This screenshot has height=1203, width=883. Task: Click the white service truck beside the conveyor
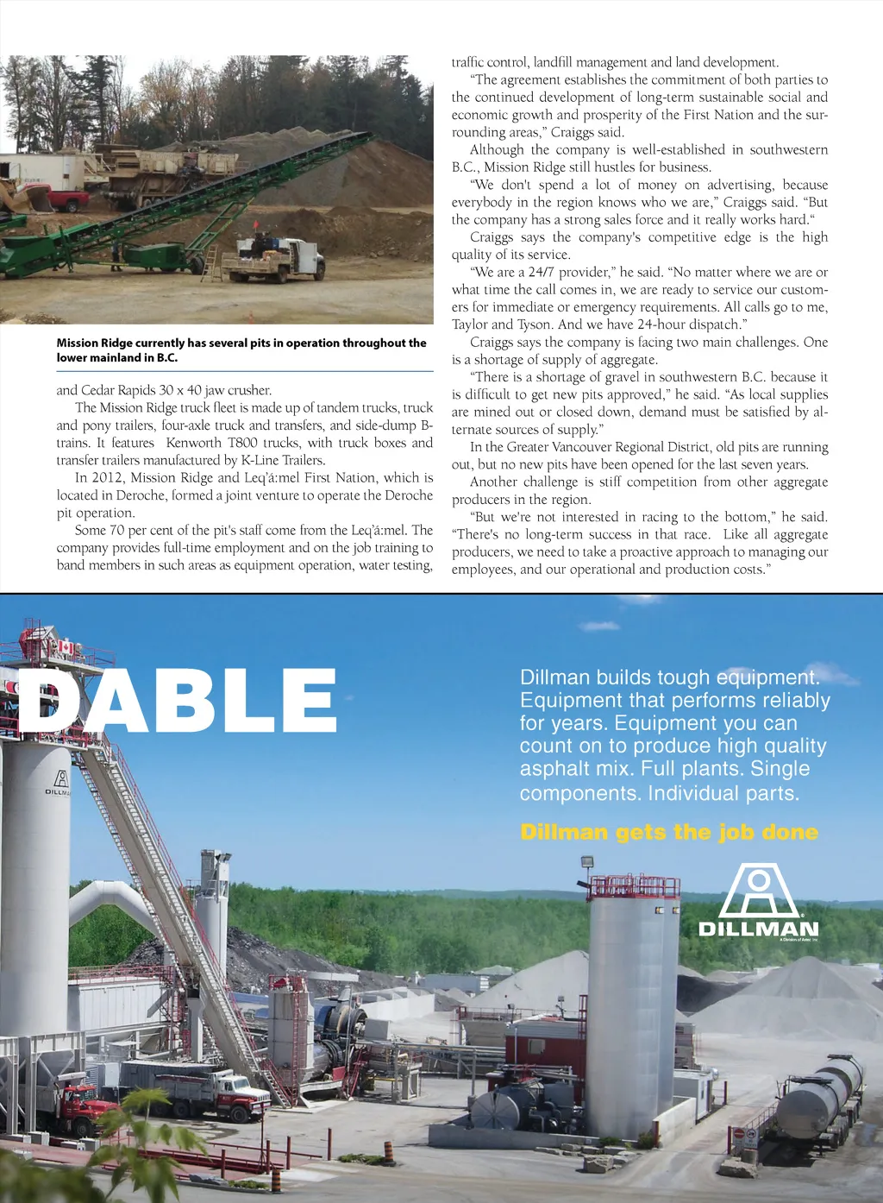[276, 258]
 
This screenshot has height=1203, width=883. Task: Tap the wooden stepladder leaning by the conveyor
[210, 262]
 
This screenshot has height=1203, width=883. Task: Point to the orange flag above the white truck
[255, 229]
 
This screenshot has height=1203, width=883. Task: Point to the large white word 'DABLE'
[177, 701]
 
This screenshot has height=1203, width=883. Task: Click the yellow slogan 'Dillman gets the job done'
[669, 832]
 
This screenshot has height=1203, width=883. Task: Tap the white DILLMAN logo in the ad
[758, 902]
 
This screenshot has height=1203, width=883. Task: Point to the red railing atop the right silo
[635, 885]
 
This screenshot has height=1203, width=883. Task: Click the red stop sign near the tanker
[738, 1132]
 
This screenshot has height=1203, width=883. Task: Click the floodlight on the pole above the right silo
[586, 861]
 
